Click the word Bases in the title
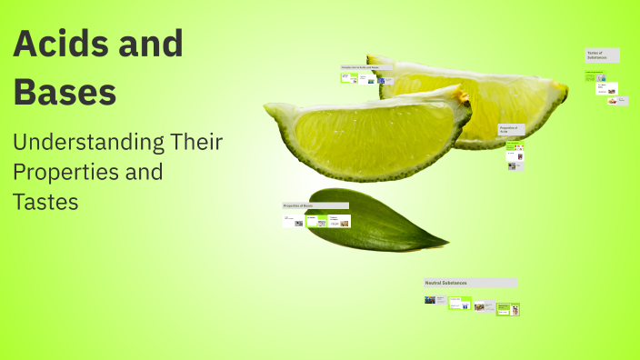pyautogui.click(x=65, y=93)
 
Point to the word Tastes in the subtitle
pyautogui.click(x=45, y=201)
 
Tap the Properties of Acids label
pyautogui.click(x=508, y=130)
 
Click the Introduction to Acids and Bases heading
pyautogui.click(x=363, y=67)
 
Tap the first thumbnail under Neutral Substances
pyautogui.click(x=430, y=299)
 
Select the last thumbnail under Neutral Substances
pyautogui.click(x=515, y=310)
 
